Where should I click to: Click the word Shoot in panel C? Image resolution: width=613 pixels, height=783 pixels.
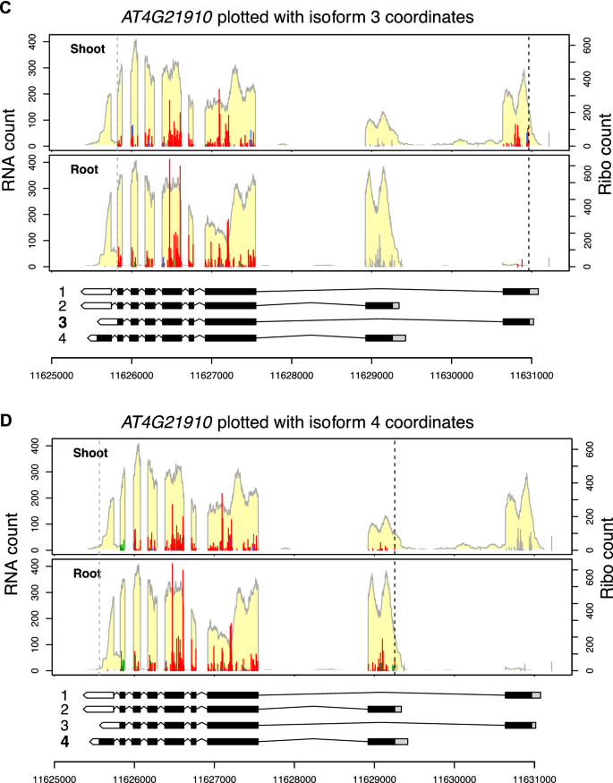click(89, 49)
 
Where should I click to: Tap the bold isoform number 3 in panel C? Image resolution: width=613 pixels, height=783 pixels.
click(63, 321)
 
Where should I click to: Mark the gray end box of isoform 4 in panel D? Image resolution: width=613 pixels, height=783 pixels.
click(402, 741)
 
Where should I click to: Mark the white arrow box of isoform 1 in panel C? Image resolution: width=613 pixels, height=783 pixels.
click(96, 291)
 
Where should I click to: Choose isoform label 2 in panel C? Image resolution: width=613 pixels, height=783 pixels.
click(63, 306)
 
